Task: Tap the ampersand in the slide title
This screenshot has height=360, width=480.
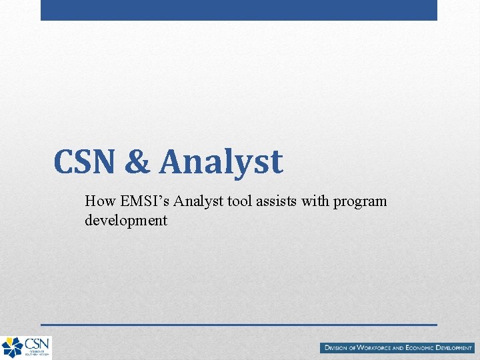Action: click(x=137, y=162)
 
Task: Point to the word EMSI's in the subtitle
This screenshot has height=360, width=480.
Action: click(x=141, y=201)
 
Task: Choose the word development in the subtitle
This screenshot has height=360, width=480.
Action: click(x=126, y=221)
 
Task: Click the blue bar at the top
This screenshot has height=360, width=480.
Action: click(x=239, y=10)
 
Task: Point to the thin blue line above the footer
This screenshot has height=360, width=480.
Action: click(x=239, y=325)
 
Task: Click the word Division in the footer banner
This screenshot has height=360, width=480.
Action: click(x=339, y=348)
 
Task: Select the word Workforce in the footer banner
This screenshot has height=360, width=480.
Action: click(x=378, y=348)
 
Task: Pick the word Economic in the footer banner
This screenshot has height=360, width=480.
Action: click(x=425, y=348)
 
